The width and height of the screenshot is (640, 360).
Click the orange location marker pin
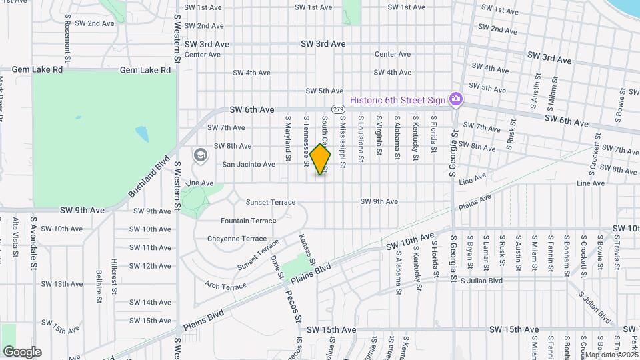pyautogui.click(x=321, y=159)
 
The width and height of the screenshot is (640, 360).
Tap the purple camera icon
pyautogui.click(x=456, y=99)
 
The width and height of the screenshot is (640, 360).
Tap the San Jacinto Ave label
pyautogui.click(x=249, y=164)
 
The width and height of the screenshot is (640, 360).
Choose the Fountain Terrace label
pyautogui.click(x=248, y=221)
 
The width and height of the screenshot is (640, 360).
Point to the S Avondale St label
pyautogui.click(x=33, y=243)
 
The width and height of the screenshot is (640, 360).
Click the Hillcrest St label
pyautogui.click(x=115, y=276)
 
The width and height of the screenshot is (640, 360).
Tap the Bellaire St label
pyautogui.click(x=98, y=283)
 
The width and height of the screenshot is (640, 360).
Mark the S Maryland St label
pyautogui.click(x=289, y=139)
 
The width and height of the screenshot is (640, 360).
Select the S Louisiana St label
pyautogui.click(x=361, y=139)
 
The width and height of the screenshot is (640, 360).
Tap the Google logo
pyautogui.click(x=22, y=351)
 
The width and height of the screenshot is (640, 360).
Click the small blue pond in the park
pyautogui.click(x=143, y=133)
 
